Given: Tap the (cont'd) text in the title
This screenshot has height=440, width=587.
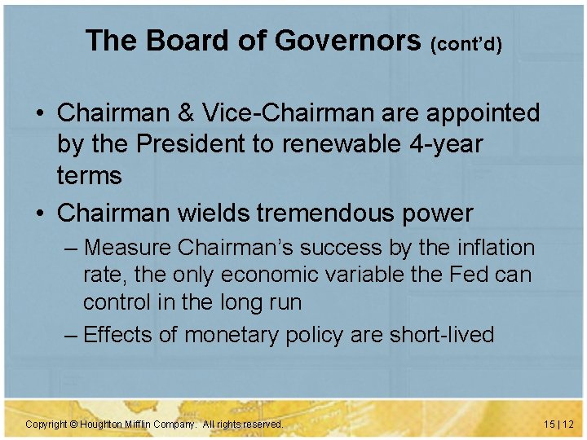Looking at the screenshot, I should click(466, 43).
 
